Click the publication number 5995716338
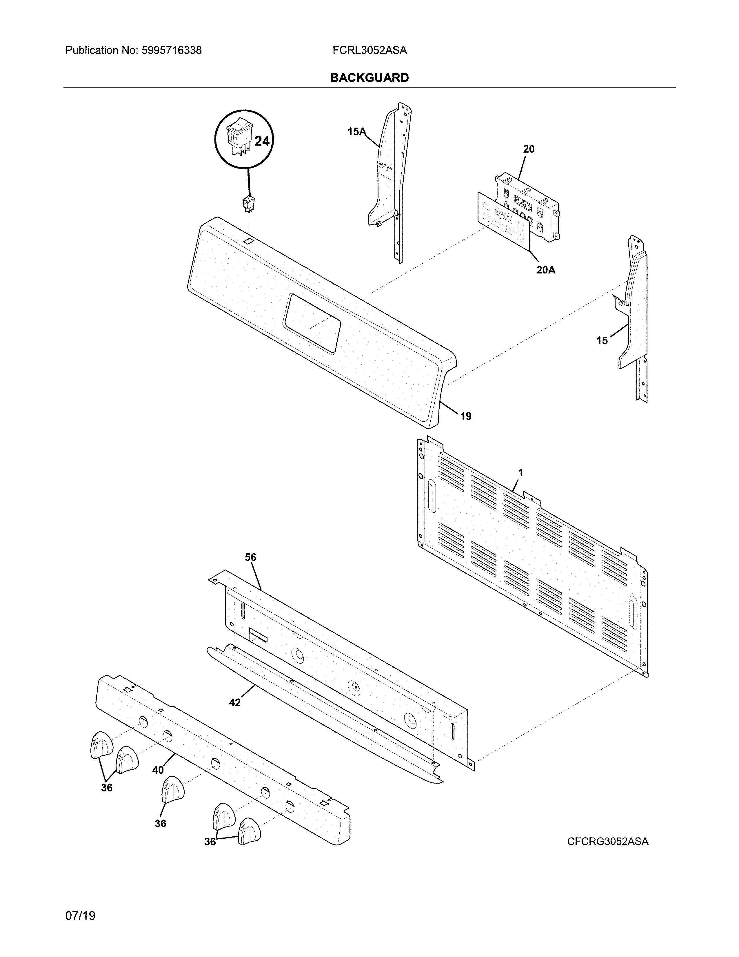coord(171,50)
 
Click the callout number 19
coord(465,416)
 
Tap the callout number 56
coord(250,557)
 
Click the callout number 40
coord(158,770)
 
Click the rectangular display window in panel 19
coord(312,323)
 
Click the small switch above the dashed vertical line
coord(248,204)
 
